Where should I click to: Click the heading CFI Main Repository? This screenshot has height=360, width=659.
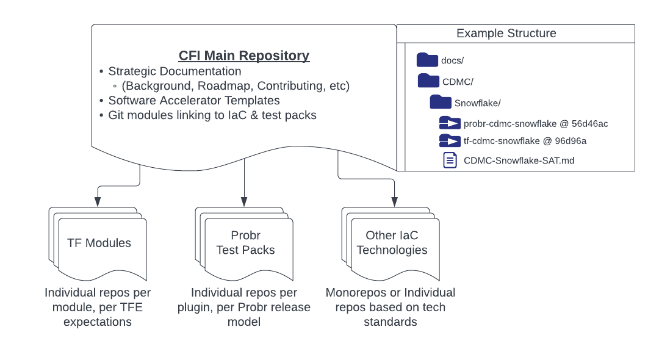click(x=243, y=56)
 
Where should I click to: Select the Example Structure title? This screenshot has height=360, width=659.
click(x=506, y=33)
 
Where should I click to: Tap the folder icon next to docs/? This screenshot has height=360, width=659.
click(x=427, y=60)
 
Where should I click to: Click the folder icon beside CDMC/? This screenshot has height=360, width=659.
click(x=428, y=81)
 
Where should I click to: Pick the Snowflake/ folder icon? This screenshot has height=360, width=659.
click(x=441, y=102)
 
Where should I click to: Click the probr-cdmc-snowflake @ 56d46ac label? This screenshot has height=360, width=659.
click(x=535, y=124)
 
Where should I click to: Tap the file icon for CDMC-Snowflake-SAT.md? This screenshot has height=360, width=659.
click(x=450, y=160)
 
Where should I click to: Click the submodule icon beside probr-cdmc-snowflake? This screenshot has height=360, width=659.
click(x=450, y=123)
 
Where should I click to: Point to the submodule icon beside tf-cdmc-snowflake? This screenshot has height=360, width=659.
click(x=450, y=142)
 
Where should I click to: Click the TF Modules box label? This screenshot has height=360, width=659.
click(x=99, y=243)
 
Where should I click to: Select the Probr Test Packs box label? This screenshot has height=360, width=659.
click(x=245, y=243)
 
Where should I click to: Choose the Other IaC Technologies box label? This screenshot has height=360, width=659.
click(x=392, y=243)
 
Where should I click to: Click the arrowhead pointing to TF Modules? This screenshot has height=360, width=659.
click(x=97, y=202)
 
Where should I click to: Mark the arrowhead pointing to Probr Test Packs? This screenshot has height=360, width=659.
click(x=244, y=202)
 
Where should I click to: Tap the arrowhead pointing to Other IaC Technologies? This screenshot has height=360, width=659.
click(x=394, y=202)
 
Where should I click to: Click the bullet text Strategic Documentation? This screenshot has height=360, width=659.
click(x=175, y=71)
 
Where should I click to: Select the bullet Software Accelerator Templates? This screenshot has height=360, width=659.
click(x=193, y=100)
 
